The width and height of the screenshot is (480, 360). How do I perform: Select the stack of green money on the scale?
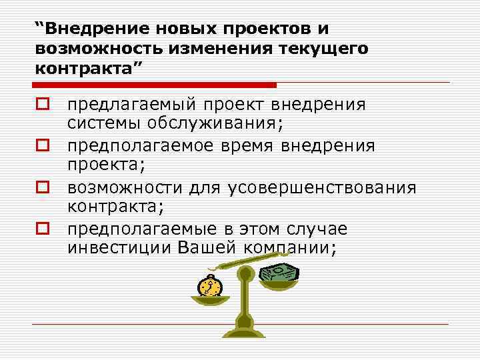pos(278,274)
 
